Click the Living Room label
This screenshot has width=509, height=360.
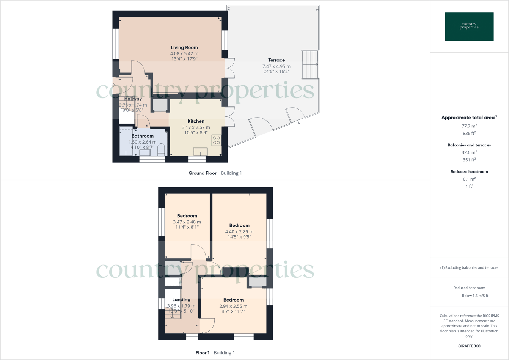[184, 47]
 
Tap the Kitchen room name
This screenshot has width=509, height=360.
[196, 121]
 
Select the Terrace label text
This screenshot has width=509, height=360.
[276, 60]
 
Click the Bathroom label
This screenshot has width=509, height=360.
[143, 136]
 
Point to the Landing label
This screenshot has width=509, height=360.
[181, 300]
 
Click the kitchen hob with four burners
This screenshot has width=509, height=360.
[216, 140]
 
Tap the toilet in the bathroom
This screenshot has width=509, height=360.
[161, 149]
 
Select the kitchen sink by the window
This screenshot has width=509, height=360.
[200, 152]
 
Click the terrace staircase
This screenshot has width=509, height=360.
[310, 64]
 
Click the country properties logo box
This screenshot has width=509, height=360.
[469, 27]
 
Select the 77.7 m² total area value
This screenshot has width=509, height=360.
[469, 126]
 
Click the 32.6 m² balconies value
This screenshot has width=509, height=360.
[469, 152]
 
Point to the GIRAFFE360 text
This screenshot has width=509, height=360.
[469, 346]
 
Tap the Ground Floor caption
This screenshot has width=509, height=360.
[203, 173]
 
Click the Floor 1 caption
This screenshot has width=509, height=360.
[203, 353]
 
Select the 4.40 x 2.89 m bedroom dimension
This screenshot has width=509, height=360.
[239, 231]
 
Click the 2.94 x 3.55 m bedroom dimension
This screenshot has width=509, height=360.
[233, 306]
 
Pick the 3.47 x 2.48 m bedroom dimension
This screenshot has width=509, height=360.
[187, 222]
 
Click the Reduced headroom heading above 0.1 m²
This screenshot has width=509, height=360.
[469, 171]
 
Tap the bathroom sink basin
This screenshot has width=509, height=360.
[145, 152]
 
